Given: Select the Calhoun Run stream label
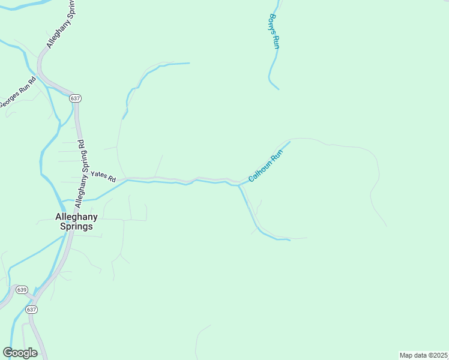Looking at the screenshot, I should pyautogui.click(x=265, y=167).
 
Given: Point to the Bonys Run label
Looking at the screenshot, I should pyautogui.click(x=274, y=31).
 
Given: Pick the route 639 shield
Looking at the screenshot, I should pyautogui.click(x=22, y=289).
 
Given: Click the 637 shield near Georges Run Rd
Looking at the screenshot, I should pyautogui.click(x=74, y=98).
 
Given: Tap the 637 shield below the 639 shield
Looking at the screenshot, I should pyautogui.click(x=32, y=310).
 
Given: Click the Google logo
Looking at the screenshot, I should pyautogui.click(x=20, y=353).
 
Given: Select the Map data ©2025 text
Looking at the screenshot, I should pyautogui.click(x=423, y=355).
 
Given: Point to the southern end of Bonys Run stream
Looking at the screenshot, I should pyautogui.click(x=279, y=89).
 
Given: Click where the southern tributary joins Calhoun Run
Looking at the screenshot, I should pyautogui.click(x=239, y=185).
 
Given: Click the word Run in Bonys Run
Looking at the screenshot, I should pyautogui.click(x=276, y=41).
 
